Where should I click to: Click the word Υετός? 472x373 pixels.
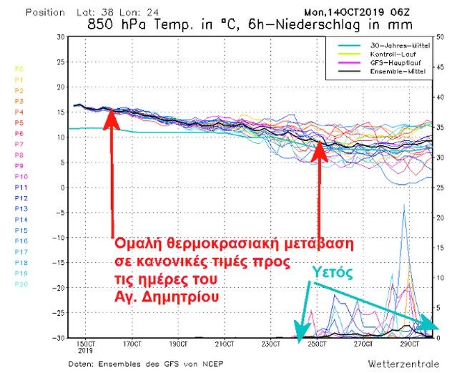coord(335,271)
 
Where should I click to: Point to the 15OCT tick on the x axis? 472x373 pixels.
coord(88,345)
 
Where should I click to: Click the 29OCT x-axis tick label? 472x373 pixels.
coord(406,344)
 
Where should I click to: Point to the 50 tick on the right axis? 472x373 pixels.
coord(441,37)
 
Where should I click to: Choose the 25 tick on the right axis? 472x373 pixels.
coord(441,187)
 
